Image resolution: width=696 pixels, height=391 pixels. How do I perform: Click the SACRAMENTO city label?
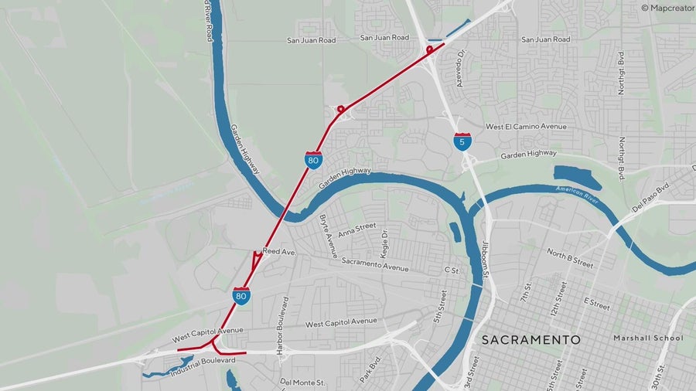coord(531,339)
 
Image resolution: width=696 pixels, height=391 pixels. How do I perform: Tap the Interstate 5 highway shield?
coord(462,142)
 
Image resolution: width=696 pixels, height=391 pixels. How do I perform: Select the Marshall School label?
coord(648,338)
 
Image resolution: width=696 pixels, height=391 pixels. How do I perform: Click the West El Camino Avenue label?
coord(526,127)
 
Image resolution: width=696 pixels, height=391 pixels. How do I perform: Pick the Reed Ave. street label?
coord(279,252)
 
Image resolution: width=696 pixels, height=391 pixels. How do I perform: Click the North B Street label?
coord(570,258)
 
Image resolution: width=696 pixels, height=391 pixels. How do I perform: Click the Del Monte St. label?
coord(303,382)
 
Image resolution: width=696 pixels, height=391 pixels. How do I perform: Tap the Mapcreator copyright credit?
coord(667,8)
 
